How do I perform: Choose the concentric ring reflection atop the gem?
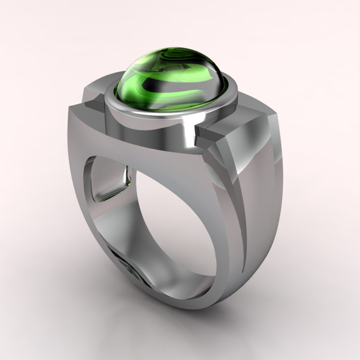click(x=189, y=58)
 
